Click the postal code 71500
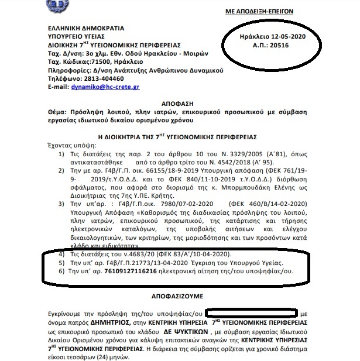[101, 61]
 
